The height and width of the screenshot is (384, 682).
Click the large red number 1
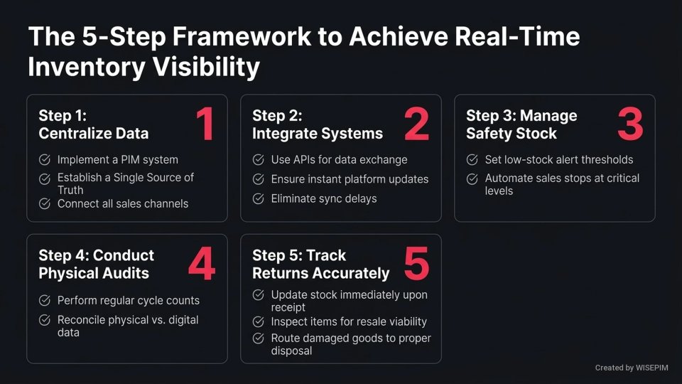coord(205,124)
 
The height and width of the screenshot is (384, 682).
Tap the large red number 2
coord(417,124)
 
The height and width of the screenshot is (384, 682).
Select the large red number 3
coord(630,124)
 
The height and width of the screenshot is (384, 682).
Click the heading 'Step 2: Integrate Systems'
coord(317,124)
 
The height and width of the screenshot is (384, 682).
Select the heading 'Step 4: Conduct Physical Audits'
coord(96,264)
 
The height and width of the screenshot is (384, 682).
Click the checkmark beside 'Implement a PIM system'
coord(45,160)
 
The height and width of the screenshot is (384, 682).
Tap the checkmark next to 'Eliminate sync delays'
coord(259,198)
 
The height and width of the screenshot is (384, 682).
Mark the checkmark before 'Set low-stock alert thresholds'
coord(472,160)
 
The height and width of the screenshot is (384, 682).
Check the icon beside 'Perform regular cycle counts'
coord(45,300)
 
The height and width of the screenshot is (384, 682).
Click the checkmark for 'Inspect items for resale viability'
coord(259,321)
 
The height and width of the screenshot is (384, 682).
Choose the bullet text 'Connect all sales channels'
coord(123,203)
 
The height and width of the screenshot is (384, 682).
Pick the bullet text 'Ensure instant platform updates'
coord(350,179)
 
